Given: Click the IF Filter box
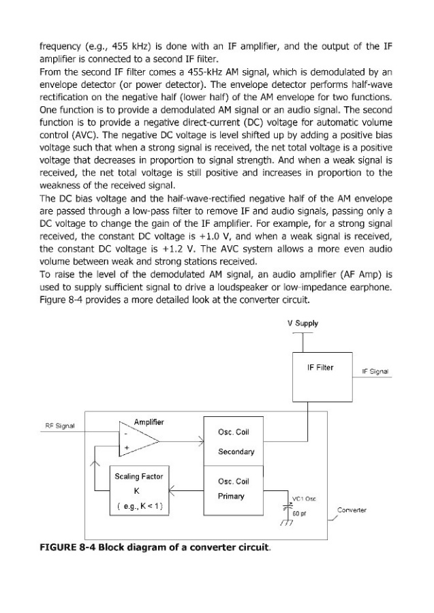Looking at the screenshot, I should point(321,373).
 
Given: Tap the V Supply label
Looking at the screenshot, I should point(303,324).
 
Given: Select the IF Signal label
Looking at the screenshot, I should point(374,371).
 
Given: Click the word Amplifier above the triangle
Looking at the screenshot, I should point(148,422).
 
